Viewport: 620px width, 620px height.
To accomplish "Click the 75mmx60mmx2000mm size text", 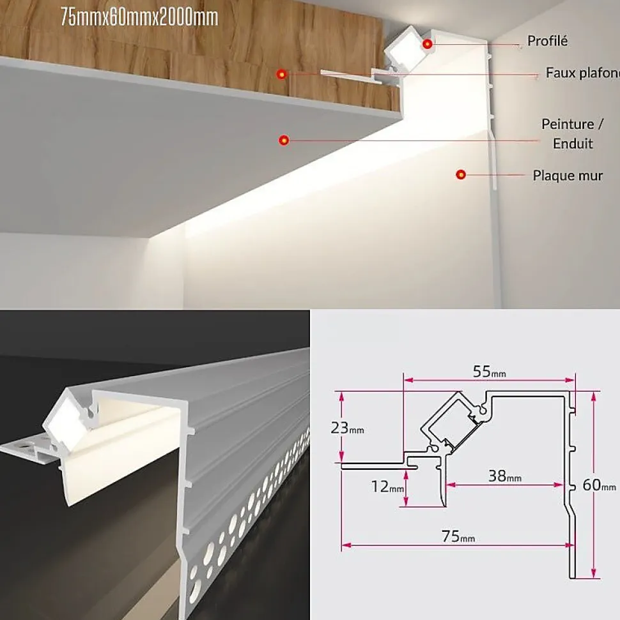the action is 139,18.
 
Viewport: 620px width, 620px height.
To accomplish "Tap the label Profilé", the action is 547,41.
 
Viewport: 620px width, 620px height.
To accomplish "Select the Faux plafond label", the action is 583,73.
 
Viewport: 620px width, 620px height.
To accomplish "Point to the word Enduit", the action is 573,144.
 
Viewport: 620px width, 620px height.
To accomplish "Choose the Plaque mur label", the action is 568,176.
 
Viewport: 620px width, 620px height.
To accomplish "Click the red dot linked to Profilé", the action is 427,44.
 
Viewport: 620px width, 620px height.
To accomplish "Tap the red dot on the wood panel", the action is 281,74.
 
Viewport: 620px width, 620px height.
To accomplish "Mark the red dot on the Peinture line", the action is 283,140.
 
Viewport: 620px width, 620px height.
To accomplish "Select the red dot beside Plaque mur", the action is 460,174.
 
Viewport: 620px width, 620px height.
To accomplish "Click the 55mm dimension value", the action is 490,372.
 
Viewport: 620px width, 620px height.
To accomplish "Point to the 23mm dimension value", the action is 347,428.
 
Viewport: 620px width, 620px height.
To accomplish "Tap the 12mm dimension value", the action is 387,487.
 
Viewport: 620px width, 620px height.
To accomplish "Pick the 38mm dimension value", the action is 505,476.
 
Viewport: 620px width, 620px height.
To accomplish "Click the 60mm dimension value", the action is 599,485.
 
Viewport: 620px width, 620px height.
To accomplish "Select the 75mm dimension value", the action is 458,536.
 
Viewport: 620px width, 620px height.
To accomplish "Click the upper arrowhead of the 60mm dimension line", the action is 593,397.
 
